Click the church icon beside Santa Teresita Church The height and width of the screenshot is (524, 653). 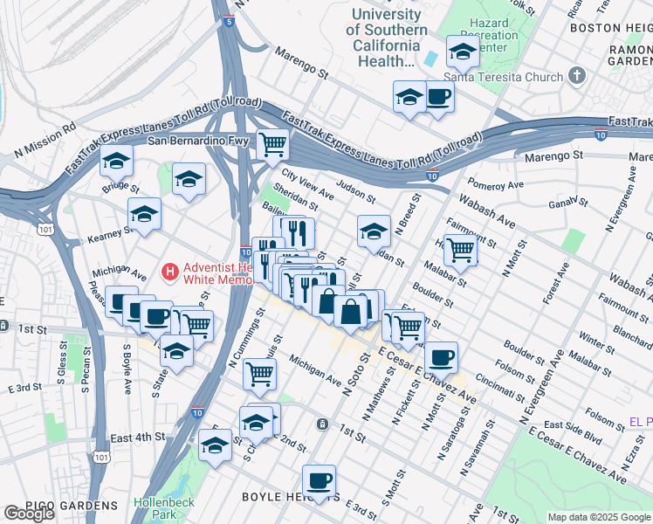[x=576, y=77]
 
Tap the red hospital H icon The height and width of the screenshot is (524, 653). [x=171, y=272]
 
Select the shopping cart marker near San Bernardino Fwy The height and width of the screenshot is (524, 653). [x=273, y=141]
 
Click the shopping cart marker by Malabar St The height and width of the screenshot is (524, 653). [x=460, y=250]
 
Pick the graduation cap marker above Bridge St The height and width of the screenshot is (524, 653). [x=117, y=161]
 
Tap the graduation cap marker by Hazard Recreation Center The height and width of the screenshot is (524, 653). [x=463, y=52]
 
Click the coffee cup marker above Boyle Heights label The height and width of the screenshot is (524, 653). [x=319, y=480]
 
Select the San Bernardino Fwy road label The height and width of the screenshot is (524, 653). [x=198, y=141]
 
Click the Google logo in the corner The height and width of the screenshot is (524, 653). [x=29, y=514]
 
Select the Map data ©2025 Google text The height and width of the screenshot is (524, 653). [x=599, y=517]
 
